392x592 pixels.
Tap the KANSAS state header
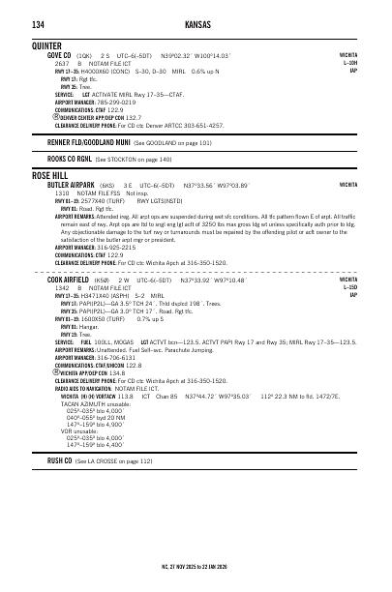pyautogui.click(x=196, y=22)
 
